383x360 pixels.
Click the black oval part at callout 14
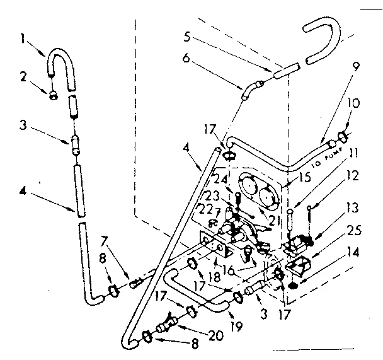point(294,287)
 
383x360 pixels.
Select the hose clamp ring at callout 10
point(344,135)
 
